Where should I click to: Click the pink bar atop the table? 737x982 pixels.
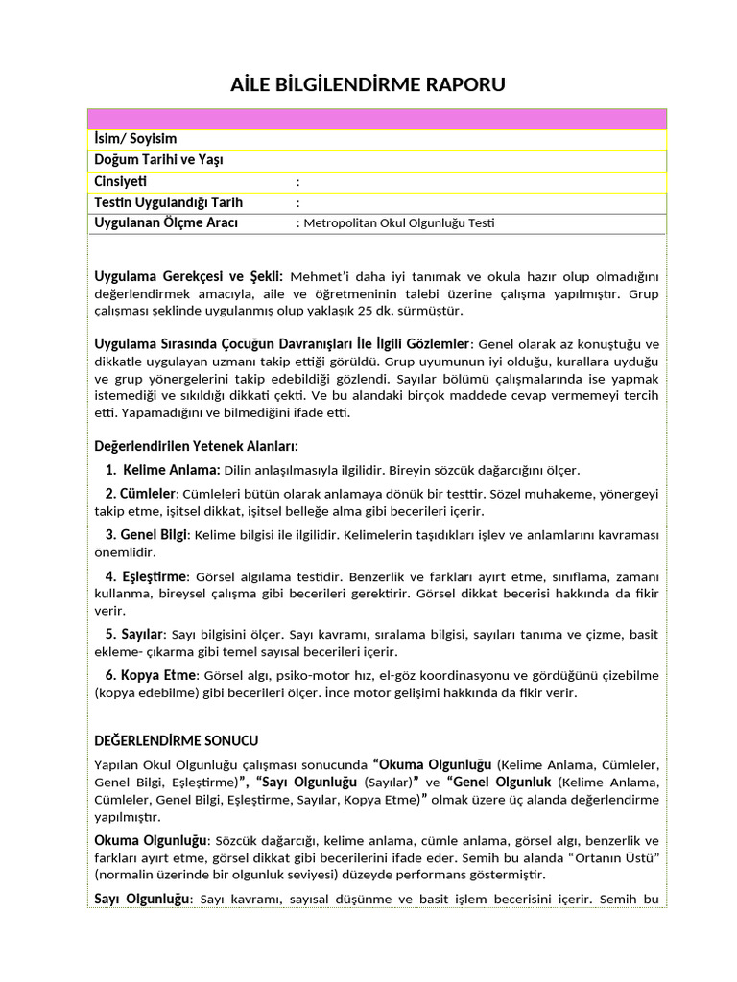pos(376,119)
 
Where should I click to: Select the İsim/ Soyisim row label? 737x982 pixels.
pos(135,139)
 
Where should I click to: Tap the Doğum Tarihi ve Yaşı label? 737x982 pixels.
pos(158,160)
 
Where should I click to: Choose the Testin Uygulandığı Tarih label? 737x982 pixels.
pos(169,202)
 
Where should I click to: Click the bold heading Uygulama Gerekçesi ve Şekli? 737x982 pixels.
pos(188,276)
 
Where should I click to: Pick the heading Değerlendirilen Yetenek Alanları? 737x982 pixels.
pos(196,446)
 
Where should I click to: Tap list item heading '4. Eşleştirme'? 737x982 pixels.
pos(147,576)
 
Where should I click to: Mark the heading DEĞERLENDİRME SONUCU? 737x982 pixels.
pos(177,740)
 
